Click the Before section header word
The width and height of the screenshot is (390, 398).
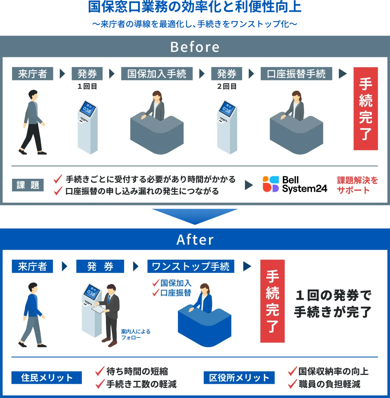tap(195, 47)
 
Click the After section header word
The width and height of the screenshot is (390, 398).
tap(195, 240)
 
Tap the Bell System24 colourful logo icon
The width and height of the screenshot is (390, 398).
tap(271, 184)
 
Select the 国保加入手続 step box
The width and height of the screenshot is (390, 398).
tap(157, 73)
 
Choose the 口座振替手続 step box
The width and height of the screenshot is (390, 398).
tap(296, 73)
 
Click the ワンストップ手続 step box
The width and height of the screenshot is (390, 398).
tap(191, 266)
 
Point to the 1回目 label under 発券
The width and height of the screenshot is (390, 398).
tap(87, 86)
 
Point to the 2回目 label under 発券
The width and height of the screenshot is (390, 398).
tap(227, 86)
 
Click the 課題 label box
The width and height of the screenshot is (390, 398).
tap(28, 185)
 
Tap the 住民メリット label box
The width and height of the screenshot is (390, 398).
tap(46, 378)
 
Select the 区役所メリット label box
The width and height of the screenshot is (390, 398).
tap(239, 378)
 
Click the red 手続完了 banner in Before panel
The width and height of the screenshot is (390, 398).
tap(366, 109)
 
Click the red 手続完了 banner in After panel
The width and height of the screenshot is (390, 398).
tap(272, 301)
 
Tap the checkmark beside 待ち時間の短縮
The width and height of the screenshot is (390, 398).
tap(100, 371)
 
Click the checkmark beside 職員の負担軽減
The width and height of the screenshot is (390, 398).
tap(292, 384)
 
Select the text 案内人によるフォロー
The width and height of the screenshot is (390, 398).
tap(136, 334)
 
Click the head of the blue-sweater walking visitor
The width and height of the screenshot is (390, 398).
tap(33, 287)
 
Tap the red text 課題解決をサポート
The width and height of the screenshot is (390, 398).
tap(357, 185)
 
